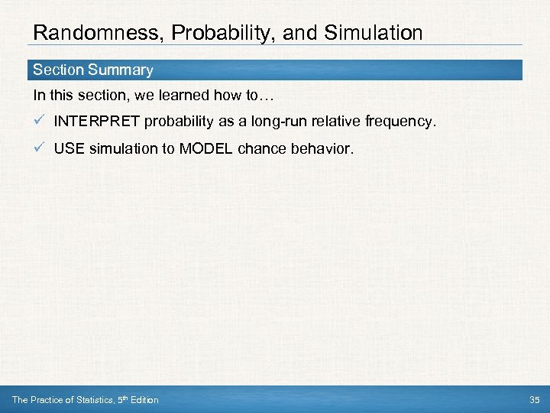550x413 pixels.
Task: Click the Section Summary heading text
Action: pyautogui.click(x=92, y=70)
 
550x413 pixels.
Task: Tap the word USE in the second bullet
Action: pyautogui.click(x=69, y=148)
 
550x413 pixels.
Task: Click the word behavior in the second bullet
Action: pyautogui.click(x=324, y=148)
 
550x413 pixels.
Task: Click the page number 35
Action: pyautogui.click(x=533, y=400)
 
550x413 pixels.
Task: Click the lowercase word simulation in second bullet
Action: pyautogui.click(x=121, y=148)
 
